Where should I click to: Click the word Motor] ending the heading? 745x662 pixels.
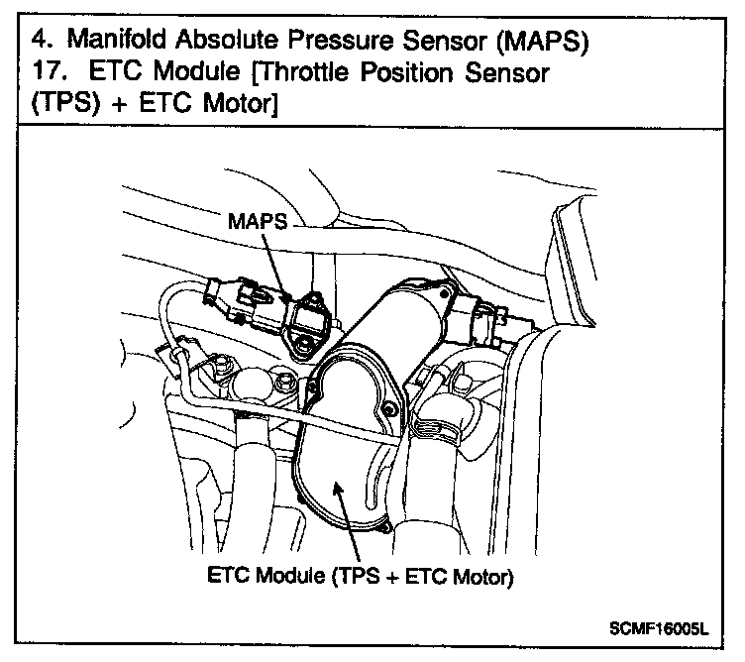point(236,107)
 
